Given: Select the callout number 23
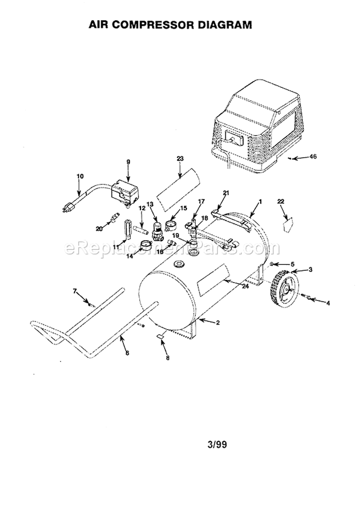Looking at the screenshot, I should pos(180,159).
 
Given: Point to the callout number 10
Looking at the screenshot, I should pos(80,176).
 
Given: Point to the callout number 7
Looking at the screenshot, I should pos(75,291).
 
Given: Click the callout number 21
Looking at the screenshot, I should pos(226,193).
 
